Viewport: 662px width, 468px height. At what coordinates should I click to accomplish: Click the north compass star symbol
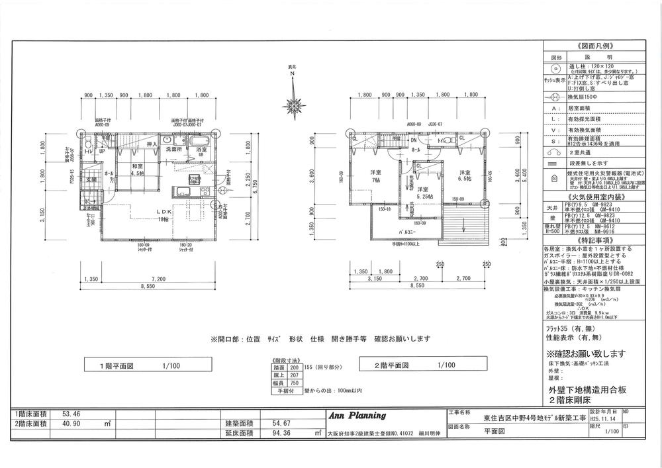pos(291,104)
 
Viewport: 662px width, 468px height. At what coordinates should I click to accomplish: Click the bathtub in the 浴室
pos(198,145)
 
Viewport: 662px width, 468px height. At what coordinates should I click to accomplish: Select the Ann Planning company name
pos(357,416)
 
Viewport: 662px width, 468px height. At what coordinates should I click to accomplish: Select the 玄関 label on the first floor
pos(91,179)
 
